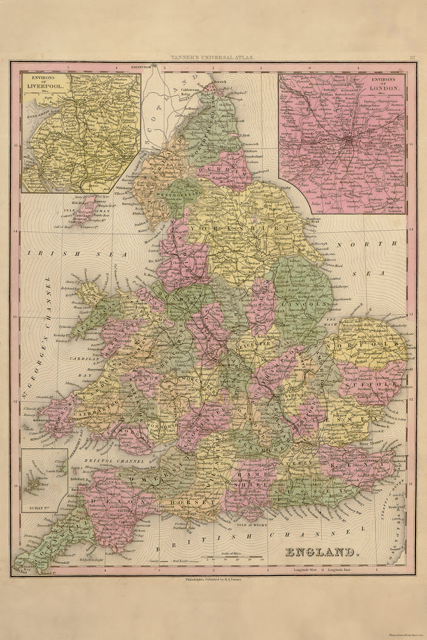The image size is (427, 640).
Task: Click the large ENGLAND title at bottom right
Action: pyautogui.click(x=323, y=552)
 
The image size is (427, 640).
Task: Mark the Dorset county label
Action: pyautogui.click(x=200, y=503)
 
